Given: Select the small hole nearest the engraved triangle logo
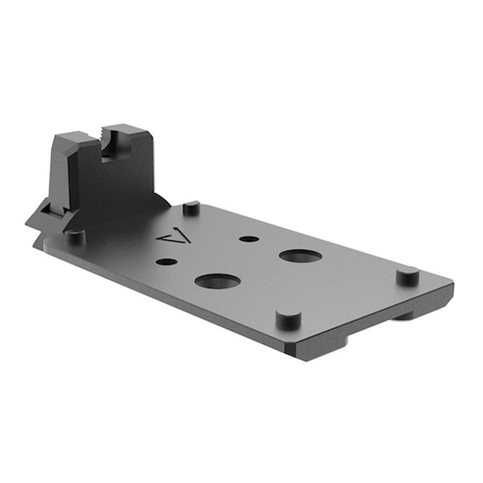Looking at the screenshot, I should click(167, 262).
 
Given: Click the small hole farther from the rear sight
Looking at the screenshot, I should click(249, 239).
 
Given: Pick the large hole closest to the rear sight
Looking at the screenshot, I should click(217, 281).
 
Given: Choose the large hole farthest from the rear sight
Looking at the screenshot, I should click(300, 256).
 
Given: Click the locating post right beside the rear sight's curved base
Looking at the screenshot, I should click(192, 208).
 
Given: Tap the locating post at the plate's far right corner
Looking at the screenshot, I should click(408, 276).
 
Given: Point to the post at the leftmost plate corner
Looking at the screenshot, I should click(75, 236).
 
